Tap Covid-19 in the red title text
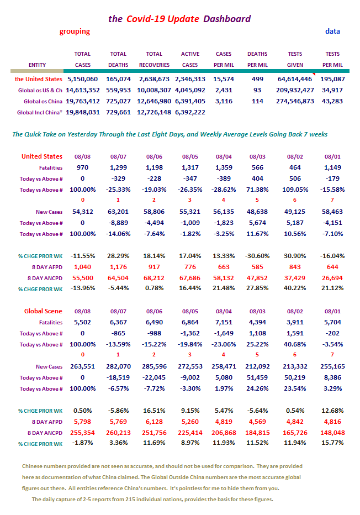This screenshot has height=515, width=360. coord(146,19)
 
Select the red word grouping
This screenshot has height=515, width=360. coord(75,31)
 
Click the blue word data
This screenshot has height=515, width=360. coord(332,31)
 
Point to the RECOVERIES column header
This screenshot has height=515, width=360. coord(154,65)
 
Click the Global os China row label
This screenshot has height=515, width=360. coord(43,101)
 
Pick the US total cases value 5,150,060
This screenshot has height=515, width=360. coord(82,79)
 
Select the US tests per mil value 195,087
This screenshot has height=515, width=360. coord(332,79)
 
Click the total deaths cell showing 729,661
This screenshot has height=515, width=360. coord(118,112)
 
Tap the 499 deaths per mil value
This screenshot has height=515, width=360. coord(257,79)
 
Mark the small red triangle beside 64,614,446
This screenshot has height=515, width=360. coord(314,74)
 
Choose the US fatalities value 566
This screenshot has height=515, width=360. coord(257,167)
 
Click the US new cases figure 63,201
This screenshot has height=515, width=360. coord(118,212)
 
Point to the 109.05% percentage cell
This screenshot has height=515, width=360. coord(295,190)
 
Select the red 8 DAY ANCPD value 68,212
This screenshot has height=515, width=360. coord(154,278)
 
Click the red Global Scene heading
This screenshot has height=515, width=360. coord(43,311)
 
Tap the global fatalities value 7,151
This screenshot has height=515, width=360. coord(224,322)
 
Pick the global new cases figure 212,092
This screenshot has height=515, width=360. coord(257,366)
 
